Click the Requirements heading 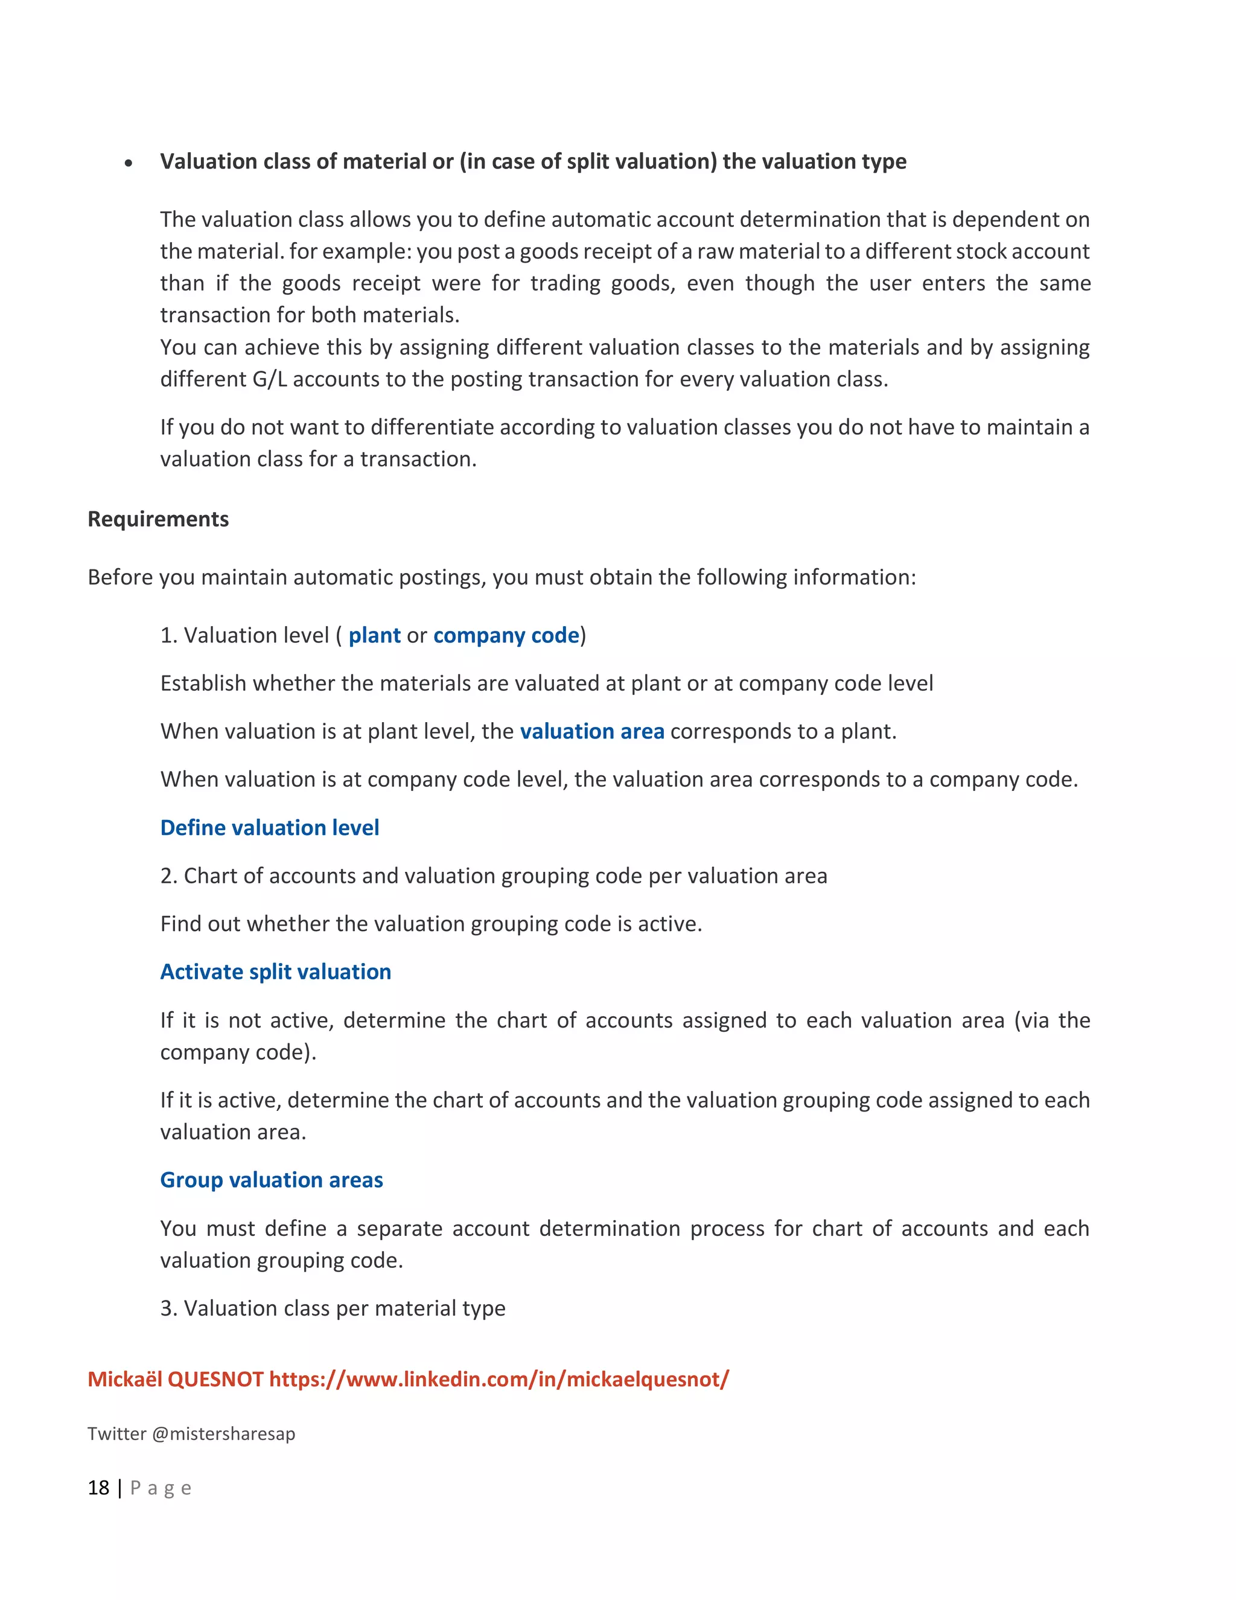click(158, 519)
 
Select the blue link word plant click(374, 635)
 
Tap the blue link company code click(506, 635)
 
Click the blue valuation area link click(591, 731)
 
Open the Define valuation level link click(269, 828)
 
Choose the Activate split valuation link click(275, 972)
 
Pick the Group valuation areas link click(272, 1180)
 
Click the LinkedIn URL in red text click(499, 1380)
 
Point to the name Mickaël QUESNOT click(175, 1380)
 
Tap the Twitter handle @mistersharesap click(223, 1434)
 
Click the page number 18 click(98, 1488)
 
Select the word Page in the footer click(161, 1488)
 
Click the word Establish click(203, 683)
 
